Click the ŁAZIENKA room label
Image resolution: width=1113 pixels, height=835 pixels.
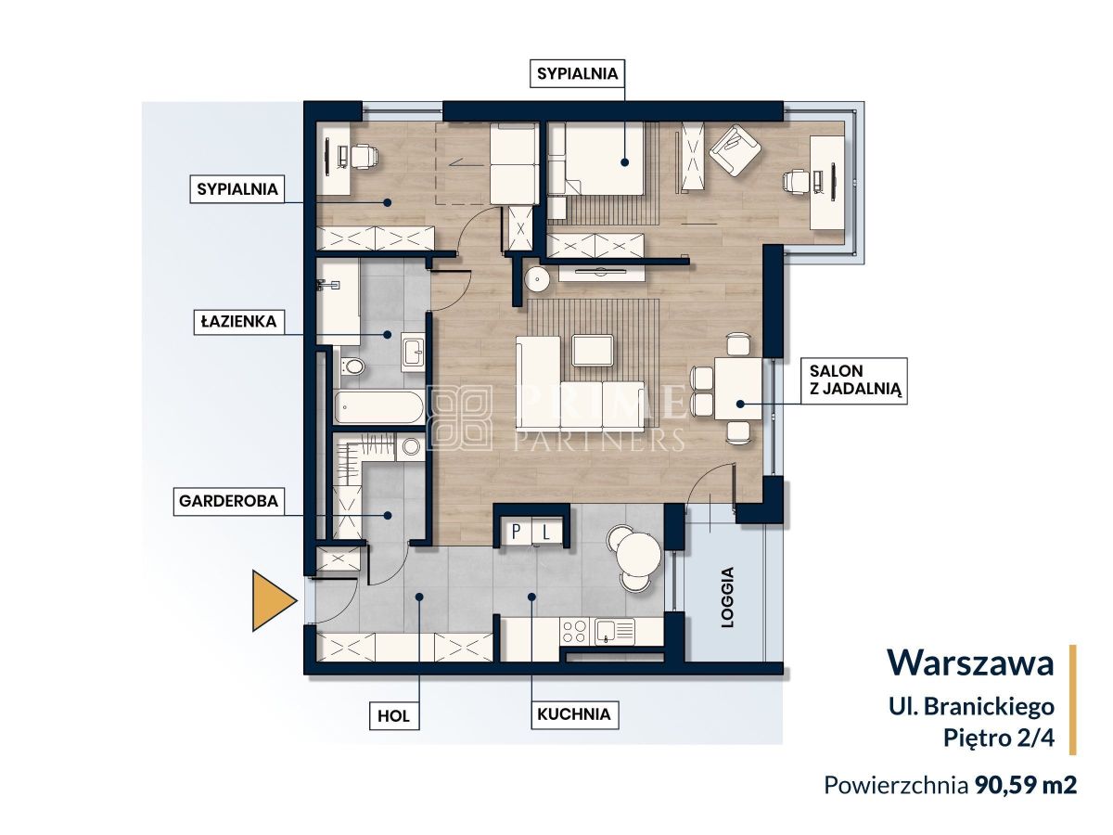[237, 321]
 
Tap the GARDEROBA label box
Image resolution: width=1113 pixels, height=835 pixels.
[228, 501]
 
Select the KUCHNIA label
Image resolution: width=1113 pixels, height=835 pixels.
[574, 714]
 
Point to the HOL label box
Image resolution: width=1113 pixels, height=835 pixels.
[393, 716]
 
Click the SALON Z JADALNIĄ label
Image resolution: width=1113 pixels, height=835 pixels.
[854, 380]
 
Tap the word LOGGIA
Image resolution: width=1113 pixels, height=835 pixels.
[728, 597]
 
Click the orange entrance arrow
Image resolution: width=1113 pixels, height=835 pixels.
[273, 601]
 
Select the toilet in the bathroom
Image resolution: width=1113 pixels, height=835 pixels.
[352, 366]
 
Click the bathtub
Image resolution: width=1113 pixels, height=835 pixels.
[379, 407]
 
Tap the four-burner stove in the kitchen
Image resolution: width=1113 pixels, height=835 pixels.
[575, 632]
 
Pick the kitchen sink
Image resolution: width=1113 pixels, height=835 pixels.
[615, 632]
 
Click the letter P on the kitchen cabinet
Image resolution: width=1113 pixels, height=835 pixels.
[517, 532]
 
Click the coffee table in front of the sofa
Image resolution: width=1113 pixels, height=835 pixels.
[593, 350]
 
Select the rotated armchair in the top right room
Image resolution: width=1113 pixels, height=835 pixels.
[736, 150]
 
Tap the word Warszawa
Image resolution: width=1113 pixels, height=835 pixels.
[970, 662]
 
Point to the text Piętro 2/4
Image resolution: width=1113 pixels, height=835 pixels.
[998, 738]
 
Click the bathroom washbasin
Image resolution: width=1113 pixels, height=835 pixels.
[414, 352]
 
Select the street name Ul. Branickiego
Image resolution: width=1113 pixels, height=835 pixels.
[971, 707]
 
